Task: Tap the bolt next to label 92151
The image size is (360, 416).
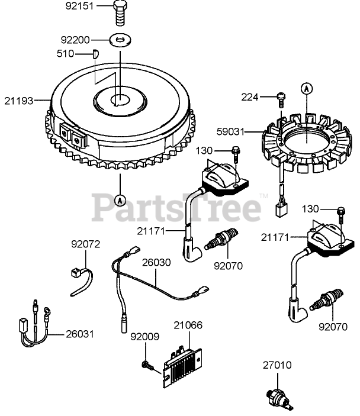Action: coord(121,12)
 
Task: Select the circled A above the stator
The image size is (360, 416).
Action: coord(306,88)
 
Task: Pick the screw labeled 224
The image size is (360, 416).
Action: coord(281,98)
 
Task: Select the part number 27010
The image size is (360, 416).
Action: coord(278,365)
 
